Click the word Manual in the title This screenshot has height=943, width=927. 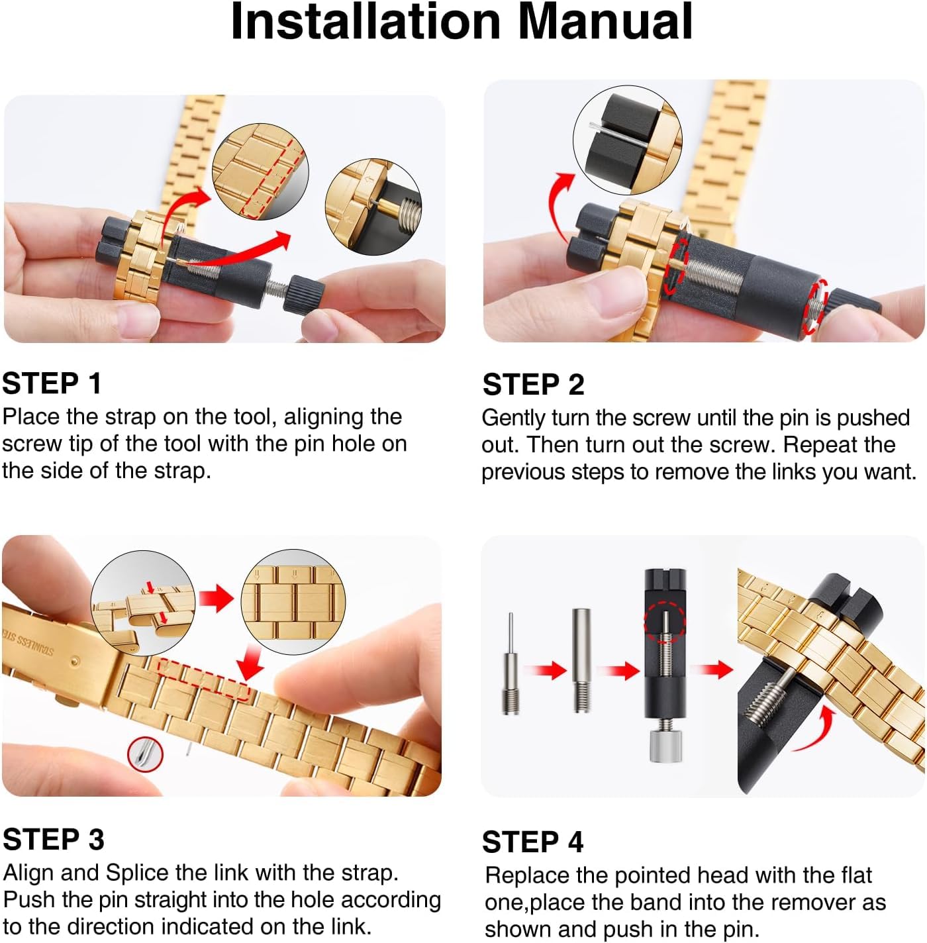tap(605, 22)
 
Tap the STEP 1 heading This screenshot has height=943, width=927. tap(52, 383)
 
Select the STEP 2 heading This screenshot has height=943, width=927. tap(534, 384)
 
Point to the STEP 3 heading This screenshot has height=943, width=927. tap(54, 839)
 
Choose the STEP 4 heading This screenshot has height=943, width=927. tap(532, 842)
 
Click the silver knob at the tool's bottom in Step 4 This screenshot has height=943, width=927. tap(665, 745)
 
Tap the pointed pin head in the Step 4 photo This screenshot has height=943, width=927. tap(511, 663)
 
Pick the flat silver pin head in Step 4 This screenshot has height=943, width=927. tap(581, 660)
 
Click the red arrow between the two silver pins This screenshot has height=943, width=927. tap(544, 670)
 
